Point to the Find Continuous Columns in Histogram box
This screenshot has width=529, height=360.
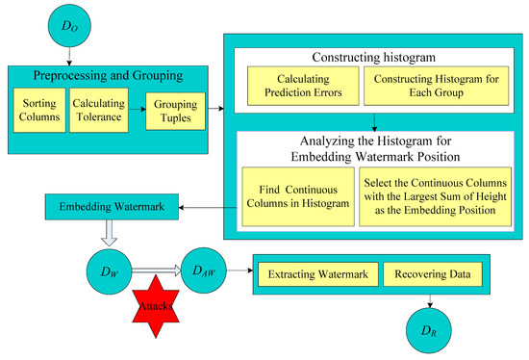click(293, 195)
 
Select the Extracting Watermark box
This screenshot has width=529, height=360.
click(314, 274)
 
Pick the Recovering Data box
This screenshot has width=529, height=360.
click(431, 274)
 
